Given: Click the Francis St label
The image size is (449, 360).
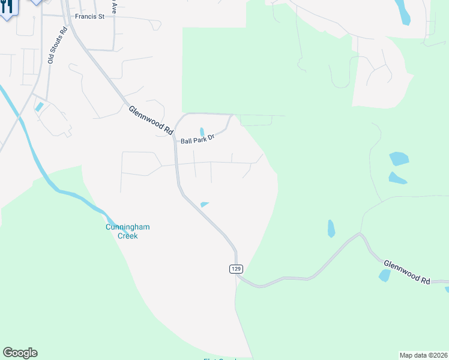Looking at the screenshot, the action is pos(88,17).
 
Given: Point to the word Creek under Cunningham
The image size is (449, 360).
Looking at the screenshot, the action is pos(127,236).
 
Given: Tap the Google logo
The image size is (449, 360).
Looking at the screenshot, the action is pos(20,353).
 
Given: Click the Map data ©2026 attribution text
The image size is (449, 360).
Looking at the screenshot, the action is pos(424,355).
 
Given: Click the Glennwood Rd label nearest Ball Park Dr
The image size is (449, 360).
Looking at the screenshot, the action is pos(151,119).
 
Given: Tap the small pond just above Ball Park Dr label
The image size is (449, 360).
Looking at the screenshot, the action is pos(202,131).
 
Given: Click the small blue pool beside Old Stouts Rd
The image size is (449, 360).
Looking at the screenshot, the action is pos(40,107).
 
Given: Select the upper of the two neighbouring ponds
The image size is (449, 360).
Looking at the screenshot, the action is pos(399,159).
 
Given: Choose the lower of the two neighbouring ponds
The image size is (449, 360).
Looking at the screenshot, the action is pos(397,178).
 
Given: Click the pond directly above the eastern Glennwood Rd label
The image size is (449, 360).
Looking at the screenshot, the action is pos(384,275).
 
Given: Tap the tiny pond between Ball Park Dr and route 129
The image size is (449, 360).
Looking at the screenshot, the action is pos(204,205).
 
